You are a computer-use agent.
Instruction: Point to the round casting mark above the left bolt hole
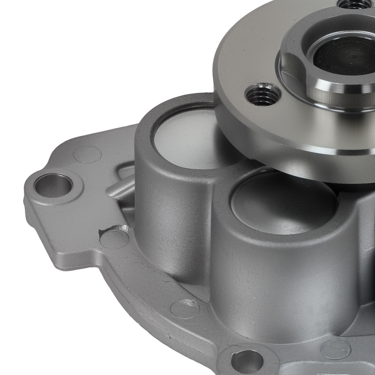87,154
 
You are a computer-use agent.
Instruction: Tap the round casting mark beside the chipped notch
114,238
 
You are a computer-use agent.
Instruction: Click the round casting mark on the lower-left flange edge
184,308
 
